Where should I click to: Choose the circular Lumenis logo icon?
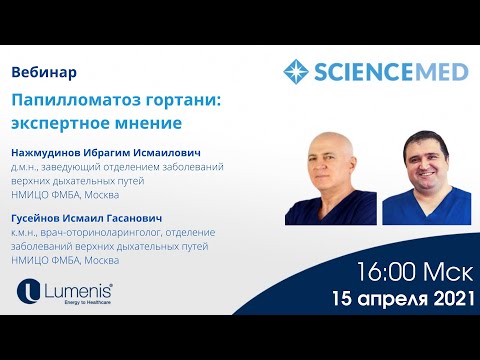point(29,292)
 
